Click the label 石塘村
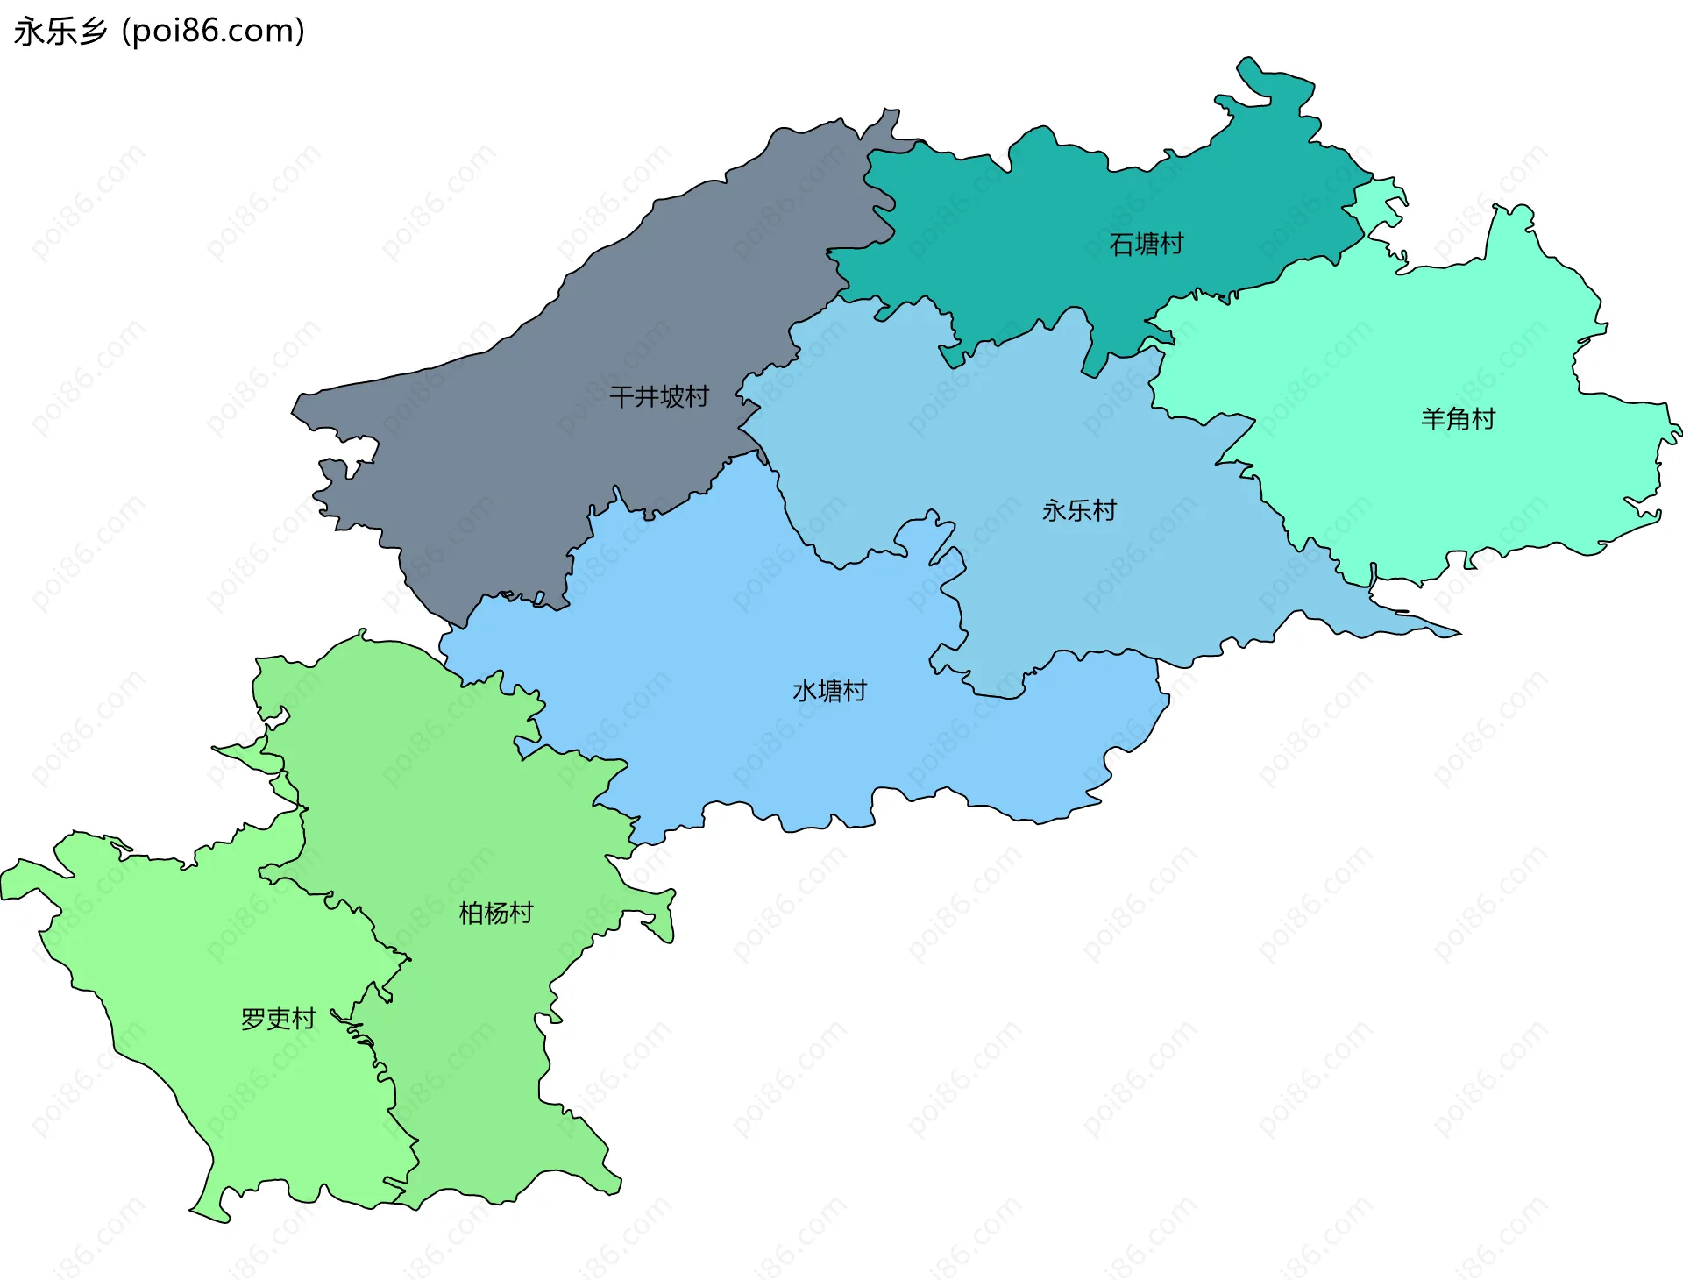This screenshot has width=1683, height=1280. tap(1146, 244)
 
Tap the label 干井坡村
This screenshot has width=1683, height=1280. tap(659, 397)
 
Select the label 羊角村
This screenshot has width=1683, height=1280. tap(1458, 419)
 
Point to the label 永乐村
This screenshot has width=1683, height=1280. tap(1079, 510)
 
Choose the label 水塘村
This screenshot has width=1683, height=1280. tap(829, 691)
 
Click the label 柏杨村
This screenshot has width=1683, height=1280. tap(496, 914)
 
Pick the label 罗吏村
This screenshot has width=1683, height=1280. tap(278, 1019)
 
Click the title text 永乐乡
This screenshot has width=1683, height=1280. tap(60, 32)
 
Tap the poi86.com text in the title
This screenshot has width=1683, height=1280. tap(213, 32)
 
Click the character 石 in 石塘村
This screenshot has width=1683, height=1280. tap(1121, 244)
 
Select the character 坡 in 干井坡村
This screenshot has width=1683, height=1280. tap(671, 397)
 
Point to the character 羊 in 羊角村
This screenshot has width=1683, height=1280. tap(1433, 419)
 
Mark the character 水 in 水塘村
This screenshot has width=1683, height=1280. tap(805, 691)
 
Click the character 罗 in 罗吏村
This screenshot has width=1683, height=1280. tap(253, 1019)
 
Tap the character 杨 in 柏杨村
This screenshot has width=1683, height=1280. tap(496, 914)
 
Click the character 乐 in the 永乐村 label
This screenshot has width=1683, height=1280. tap(1079, 510)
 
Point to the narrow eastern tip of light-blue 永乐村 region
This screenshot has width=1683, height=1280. tap(1457, 633)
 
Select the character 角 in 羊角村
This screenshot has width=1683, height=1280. tap(1458, 419)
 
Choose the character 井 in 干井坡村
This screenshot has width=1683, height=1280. tap(646, 397)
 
